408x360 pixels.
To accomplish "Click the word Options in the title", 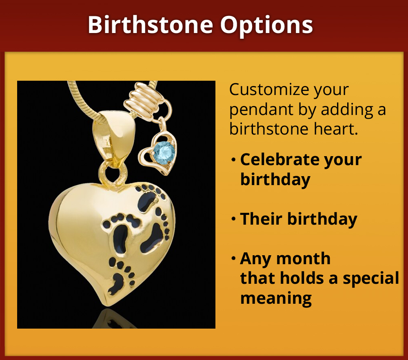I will (x=267, y=25).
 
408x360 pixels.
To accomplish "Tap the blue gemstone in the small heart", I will (x=164, y=152).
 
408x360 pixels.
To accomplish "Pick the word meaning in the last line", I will (x=276, y=298).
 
